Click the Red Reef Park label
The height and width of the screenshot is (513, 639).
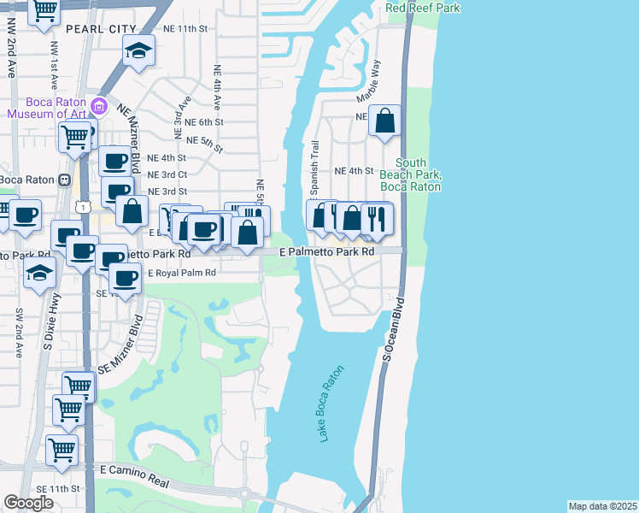[x=423, y=8]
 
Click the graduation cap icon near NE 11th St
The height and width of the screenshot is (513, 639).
[x=138, y=51]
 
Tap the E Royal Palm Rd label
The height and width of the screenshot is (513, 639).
[x=182, y=273]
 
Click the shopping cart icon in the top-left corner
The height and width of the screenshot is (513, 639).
[x=44, y=12]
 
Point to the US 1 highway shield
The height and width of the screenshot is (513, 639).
[x=83, y=206]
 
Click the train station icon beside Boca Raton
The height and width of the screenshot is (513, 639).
[x=63, y=180]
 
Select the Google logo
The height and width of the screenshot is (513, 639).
[x=29, y=503]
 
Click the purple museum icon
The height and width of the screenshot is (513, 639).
[x=99, y=107]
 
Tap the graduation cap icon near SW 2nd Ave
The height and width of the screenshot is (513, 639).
[x=39, y=274]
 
